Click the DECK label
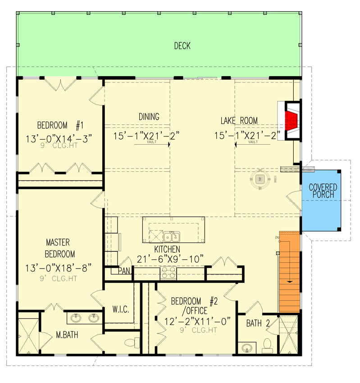pos(182,46)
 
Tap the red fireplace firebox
pos(292,121)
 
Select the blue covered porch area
pos(321,201)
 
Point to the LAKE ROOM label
pos(239,120)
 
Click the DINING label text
pos(149,117)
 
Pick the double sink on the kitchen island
pos(171,236)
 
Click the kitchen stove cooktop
pos(168,273)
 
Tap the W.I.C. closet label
pos(121,310)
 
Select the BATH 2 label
pos(258,324)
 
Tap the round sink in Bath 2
pos(246,348)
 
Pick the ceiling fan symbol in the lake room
pos(260,179)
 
